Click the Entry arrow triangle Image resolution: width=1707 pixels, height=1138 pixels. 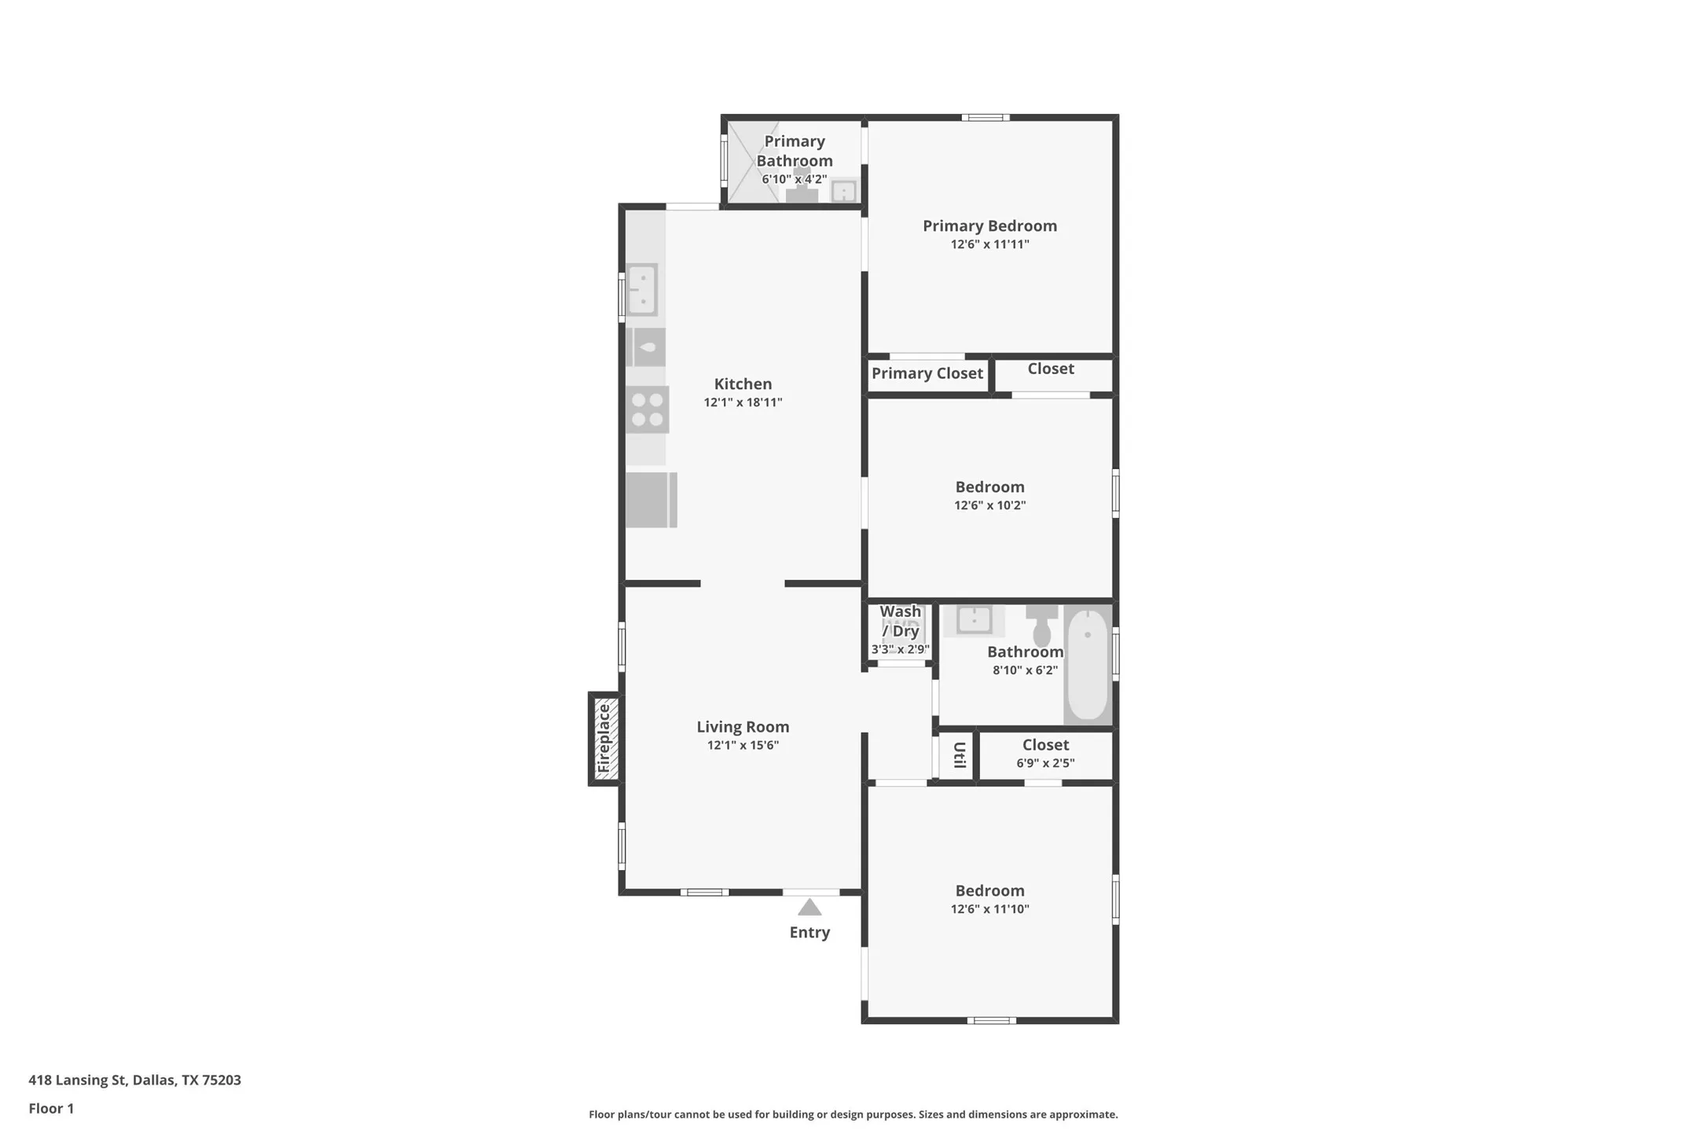[809, 908]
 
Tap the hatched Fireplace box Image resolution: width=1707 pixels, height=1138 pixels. [605, 739]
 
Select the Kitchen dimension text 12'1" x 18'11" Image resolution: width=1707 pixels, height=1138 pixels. [743, 402]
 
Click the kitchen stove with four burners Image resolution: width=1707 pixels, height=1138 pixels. [648, 409]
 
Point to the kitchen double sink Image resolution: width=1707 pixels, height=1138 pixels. [642, 290]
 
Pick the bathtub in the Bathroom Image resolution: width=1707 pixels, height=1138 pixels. [1088, 665]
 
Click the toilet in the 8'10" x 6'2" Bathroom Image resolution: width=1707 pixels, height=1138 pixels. [1042, 626]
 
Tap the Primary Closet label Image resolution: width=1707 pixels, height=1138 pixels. [927, 373]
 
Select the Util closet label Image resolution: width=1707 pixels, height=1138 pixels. [959, 755]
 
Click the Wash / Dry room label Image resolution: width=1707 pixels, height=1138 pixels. [901, 621]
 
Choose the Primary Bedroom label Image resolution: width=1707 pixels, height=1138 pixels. [989, 226]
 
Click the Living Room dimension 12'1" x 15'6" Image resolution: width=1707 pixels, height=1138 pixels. [743, 745]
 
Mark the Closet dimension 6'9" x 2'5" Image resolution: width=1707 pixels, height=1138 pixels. [1045, 763]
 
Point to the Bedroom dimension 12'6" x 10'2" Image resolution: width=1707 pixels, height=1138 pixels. [989, 505]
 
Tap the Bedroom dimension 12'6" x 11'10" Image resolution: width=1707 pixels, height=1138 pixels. [989, 909]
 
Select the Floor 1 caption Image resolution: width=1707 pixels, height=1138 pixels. [51, 1109]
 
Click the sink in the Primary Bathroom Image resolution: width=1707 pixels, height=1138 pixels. [843, 191]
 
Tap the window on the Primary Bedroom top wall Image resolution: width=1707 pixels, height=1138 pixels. [986, 118]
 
